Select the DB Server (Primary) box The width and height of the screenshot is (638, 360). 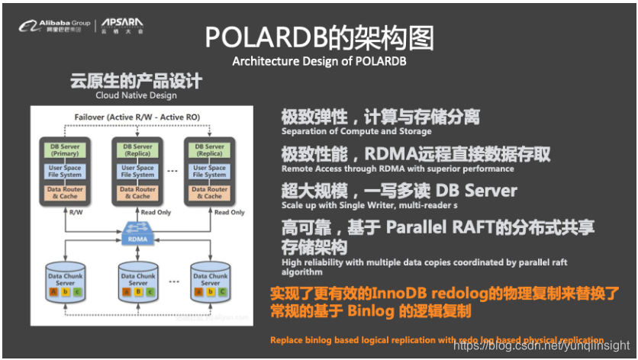65,149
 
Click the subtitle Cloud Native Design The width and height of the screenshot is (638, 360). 136,95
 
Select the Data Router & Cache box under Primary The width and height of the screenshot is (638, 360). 65,193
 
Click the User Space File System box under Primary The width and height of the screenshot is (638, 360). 65,172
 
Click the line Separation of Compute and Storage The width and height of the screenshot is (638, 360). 357,132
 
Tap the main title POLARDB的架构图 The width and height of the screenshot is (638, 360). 320,37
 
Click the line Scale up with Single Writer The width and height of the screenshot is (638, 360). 369,205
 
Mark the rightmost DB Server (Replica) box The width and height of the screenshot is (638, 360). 210,149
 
